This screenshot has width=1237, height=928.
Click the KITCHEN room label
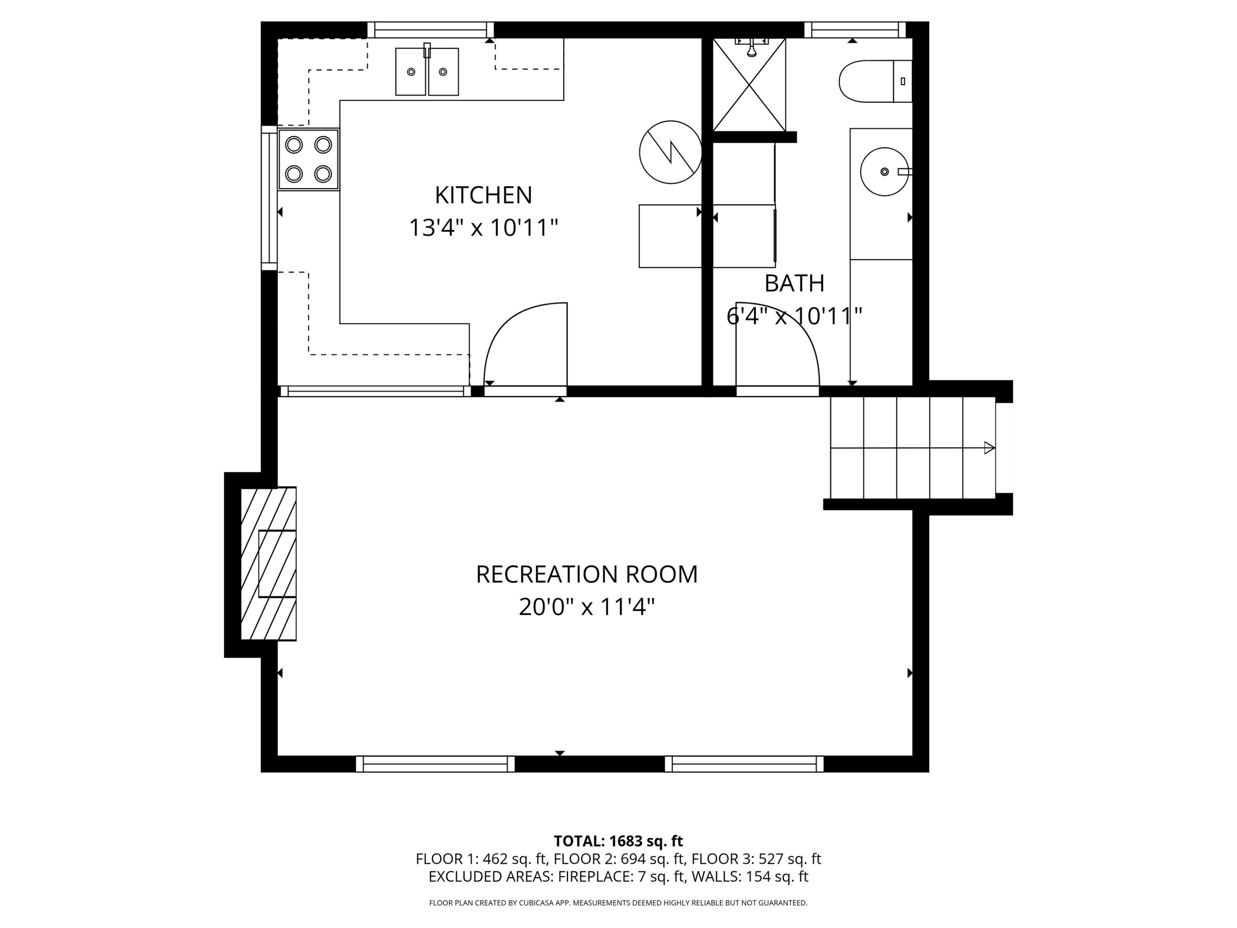coord(483,195)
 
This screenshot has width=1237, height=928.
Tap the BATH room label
coord(794,284)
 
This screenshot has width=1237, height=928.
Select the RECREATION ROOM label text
coord(587,575)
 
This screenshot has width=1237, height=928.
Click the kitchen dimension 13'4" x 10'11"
coord(484,228)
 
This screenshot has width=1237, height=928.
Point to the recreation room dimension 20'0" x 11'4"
coord(587,607)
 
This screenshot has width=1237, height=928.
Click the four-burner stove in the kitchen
coord(309,160)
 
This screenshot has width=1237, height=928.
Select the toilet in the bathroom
coord(876,81)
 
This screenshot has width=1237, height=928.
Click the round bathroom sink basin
coord(884,172)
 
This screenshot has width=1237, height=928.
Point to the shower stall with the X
coord(749,85)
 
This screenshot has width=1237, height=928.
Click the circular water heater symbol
coord(670,152)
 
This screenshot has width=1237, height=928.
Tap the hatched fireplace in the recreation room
coord(268,563)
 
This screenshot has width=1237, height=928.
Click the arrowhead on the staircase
coord(989,448)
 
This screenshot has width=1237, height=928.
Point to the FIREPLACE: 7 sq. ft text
coord(622,876)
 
